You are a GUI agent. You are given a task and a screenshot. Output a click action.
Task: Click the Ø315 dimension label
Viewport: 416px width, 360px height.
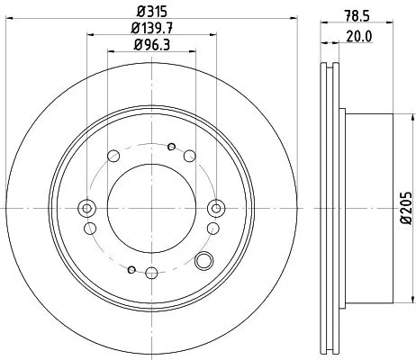(x=149, y=12)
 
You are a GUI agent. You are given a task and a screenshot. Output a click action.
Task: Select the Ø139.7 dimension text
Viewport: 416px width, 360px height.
(x=150, y=30)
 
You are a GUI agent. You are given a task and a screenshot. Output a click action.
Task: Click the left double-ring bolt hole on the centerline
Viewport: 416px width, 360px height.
(x=86, y=209)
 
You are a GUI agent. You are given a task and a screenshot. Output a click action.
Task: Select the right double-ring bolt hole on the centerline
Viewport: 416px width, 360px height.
(x=215, y=209)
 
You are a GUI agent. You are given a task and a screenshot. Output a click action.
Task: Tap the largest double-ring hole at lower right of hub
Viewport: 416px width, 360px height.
(x=204, y=262)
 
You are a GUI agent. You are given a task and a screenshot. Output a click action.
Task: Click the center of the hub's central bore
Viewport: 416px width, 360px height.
(x=150, y=209)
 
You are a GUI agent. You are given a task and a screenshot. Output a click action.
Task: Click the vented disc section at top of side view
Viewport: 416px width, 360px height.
(x=330, y=90)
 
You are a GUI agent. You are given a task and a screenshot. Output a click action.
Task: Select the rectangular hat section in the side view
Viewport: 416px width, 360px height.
(x=365, y=209)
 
